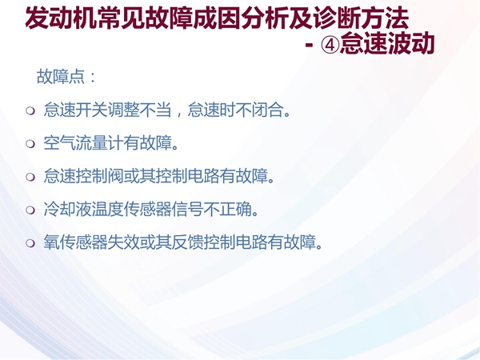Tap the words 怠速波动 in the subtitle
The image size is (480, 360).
point(387,43)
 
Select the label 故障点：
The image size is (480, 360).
point(66,77)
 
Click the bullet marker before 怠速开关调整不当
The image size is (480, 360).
point(30,110)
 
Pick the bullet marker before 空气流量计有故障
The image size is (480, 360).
point(30,143)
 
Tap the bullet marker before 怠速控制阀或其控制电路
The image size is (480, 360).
point(30,177)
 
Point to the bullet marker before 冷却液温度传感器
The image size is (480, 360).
point(30,210)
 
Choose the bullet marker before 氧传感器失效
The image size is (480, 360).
point(30,242)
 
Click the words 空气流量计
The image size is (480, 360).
point(83,143)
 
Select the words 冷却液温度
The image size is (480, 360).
point(83,209)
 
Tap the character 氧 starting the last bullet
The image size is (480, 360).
point(51,242)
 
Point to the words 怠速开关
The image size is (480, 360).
point(75,110)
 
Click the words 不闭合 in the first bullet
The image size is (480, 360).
point(258,110)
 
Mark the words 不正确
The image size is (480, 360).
point(227,209)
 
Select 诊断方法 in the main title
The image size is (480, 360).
point(362,18)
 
